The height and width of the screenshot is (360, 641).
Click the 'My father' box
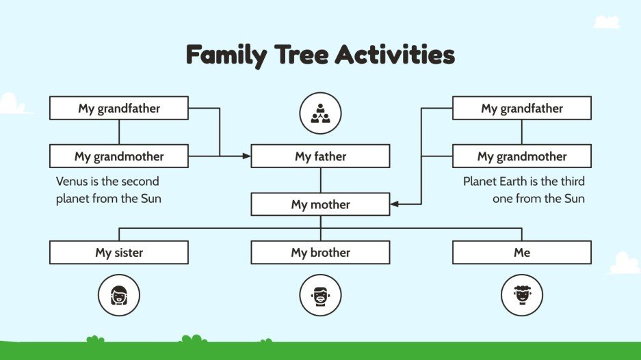point(320,156)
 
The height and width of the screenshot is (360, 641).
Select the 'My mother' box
point(320,204)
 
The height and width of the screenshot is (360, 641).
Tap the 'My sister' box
point(119,253)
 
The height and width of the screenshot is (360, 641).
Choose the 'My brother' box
point(320,253)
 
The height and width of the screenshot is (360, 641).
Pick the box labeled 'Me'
point(522,253)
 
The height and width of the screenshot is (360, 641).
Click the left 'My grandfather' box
point(119,108)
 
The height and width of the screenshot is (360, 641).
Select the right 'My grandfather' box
point(522,108)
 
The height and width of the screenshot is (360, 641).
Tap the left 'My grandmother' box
point(119,156)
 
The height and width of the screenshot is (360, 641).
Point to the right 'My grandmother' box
point(522,156)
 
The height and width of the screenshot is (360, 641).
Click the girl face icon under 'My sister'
point(119,295)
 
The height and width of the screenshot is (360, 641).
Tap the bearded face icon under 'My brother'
point(320,295)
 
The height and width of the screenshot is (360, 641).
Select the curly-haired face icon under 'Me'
point(522,295)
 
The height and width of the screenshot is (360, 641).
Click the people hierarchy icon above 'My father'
point(320,113)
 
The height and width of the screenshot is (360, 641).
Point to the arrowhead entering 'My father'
point(247,156)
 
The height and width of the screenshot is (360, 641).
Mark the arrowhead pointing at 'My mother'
point(394,204)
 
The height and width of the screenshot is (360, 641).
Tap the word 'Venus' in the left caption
point(72,182)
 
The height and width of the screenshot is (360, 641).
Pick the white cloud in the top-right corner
point(606,22)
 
